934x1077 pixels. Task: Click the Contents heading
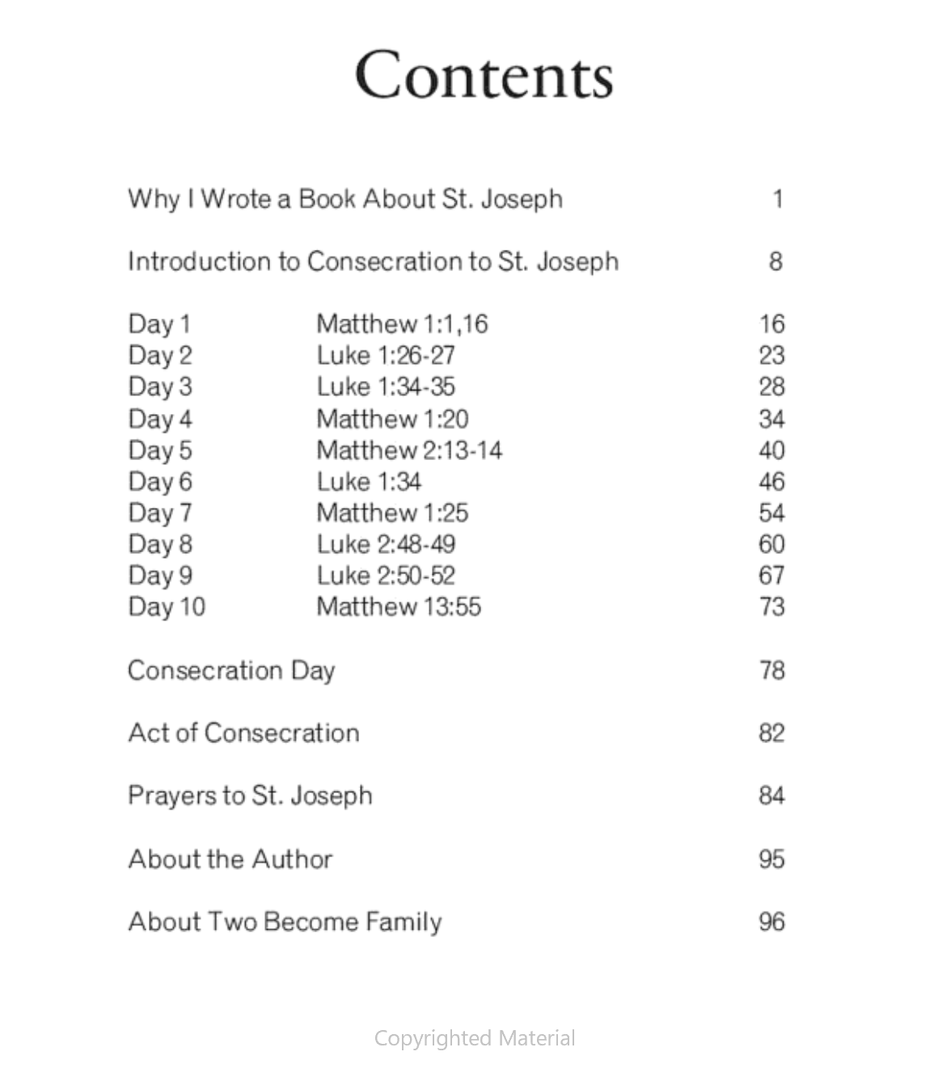click(484, 74)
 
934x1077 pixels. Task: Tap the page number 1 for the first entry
click(777, 199)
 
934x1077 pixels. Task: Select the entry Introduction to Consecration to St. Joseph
click(373, 262)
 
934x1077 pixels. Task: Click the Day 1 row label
click(159, 324)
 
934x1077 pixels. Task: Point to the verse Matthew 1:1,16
click(402, 324)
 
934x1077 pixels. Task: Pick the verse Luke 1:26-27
click(386, 356)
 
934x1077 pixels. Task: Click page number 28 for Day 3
click(771, 386)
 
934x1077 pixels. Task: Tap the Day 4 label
click(160, 419)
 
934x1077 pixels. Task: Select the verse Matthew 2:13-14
click(409, 450)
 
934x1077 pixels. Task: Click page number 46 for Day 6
click(771, 482)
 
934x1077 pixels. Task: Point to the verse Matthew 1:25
click(392, 513)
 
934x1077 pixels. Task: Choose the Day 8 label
click(160, 544)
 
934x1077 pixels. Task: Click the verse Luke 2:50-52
click(386, 576)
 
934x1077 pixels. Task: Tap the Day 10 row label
click(167, 606)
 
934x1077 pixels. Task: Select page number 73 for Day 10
click(771, 606)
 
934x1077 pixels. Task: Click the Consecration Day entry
click(231, 670)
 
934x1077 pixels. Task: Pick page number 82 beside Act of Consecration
click(771, 733)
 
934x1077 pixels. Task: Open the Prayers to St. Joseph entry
click(250, 796)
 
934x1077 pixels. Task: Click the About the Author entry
click(230, 859)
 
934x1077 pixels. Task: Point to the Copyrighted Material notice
click(475, 1038)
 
